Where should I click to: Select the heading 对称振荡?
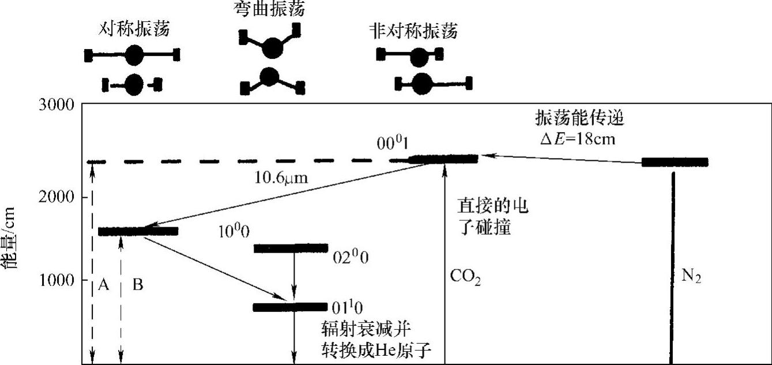(x=134, y=29)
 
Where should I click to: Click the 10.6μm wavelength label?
(x=281, y=178)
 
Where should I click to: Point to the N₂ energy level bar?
(x=675, y=162)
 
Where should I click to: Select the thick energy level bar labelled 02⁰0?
(x=291, y=249)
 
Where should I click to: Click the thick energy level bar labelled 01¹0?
(x=290, y=307)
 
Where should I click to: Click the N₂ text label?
(x=692, y=277)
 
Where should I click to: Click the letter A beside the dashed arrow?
(x=103, y=284)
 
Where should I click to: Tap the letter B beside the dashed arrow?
(x=137, y=284)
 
